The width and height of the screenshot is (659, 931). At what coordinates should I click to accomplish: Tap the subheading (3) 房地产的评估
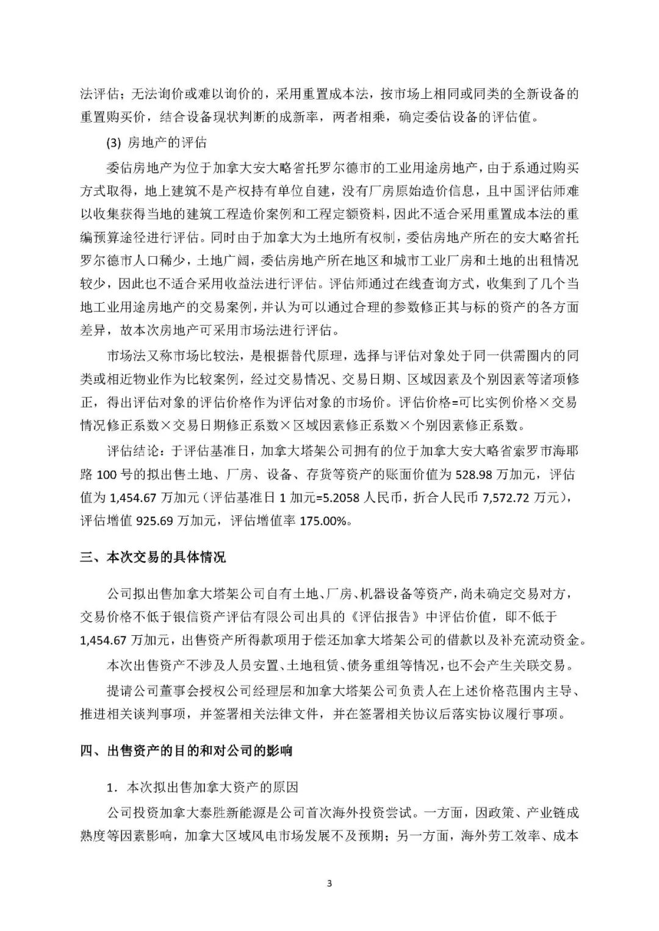pyautogui.click(x=157, y=143)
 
